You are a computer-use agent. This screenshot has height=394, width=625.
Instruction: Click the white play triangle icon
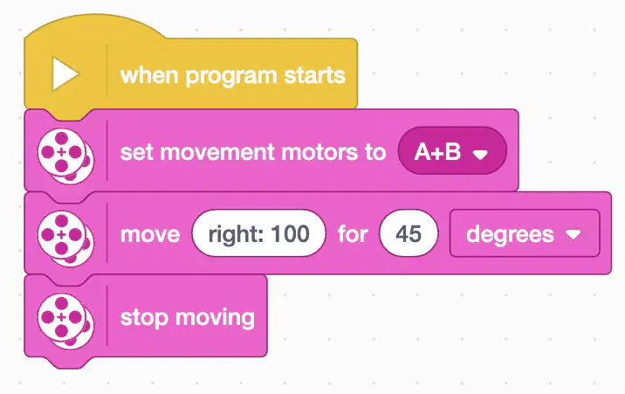tap(65, 73)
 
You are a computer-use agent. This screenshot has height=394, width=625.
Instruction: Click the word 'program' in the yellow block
tap(231, 76)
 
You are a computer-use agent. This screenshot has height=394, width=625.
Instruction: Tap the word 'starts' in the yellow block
tap(314, 75)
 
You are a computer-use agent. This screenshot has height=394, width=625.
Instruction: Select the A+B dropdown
tap(452, 151)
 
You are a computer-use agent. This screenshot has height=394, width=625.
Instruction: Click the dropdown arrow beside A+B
tap(480, 155)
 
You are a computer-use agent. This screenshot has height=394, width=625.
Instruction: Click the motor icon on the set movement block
tap(65, 156)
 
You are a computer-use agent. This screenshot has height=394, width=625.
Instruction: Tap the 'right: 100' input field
tap(258, 233)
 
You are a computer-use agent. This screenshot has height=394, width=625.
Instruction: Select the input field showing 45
tap(409, 233)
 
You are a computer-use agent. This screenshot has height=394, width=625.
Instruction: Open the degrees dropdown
tap(525, 233)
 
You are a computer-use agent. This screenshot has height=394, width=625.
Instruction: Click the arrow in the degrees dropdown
tap(573, 234)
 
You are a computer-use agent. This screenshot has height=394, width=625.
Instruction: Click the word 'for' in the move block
tap(353, 233)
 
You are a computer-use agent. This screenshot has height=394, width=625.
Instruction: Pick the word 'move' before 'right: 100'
tap(150, 234)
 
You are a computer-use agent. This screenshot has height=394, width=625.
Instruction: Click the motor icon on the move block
tap(65, 238)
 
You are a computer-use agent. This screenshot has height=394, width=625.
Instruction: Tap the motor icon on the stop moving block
tap(65, 321)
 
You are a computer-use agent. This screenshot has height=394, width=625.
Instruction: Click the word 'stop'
tap(144, 318)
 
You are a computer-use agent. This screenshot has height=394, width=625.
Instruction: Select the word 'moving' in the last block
tap(215, 318)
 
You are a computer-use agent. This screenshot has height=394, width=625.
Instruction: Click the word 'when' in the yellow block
tap(149, 75)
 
